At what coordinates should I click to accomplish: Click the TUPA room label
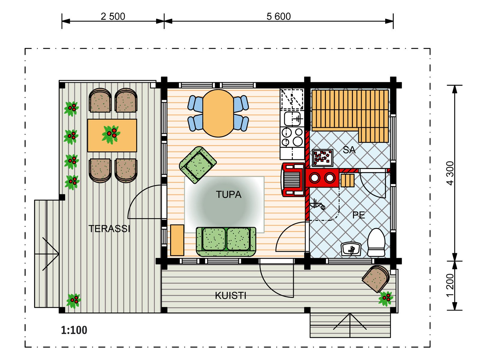(229, 194)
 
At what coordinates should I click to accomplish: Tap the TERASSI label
(109, 229)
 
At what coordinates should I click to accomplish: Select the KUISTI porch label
(230, 295)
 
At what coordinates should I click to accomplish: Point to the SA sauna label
(349, 150)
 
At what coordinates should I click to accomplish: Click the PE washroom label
(358, 215)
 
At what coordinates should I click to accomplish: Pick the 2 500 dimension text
(113, 16)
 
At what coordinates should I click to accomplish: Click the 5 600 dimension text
(279, 16)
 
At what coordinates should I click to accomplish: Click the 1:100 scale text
(74, 330)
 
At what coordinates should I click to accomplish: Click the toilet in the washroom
(376, 242)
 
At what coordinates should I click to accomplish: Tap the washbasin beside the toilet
(351, 249)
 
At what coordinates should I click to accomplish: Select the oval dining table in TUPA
(218, 113)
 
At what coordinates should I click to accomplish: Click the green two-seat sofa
(226, 242)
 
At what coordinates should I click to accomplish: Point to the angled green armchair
(198, 165)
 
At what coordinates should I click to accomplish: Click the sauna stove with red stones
(322, 157)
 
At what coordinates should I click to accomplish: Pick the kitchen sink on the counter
(292, 118)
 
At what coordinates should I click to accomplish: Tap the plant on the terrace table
(111, 134)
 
